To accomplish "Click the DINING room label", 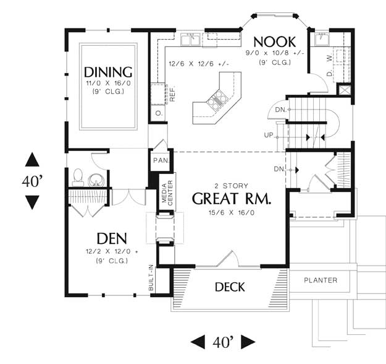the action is tap(108, 72).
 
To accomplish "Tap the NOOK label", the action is tap(274, 42).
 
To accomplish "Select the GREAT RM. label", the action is tap(232, 199).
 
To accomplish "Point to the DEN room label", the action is tap(112, 238).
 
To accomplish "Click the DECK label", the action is tap(230, 287).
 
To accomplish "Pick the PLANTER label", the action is tap(321, 280).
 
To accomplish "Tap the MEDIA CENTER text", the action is tap(167, 193).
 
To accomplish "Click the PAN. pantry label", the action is tap(161, 160).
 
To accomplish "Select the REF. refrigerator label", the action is tap(172, 93).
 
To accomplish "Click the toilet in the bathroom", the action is tap(78, 178).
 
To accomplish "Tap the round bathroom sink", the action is tap(96, 180).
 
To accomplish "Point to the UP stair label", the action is tap(268, 135).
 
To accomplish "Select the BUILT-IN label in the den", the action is tap(151, 277).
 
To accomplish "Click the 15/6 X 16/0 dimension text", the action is tap(232, 212).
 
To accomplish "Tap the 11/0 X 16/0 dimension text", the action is tap(108, 83).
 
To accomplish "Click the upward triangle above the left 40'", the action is tap(32, 160).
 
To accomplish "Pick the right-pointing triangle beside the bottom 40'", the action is tap(248, 342).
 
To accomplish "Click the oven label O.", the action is tap(159, 113).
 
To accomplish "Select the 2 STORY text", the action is tap(232, 186).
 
